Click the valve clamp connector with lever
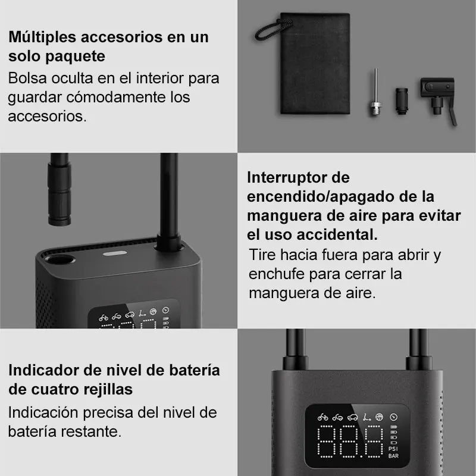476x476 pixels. pyautogui.click(x=439, y=95)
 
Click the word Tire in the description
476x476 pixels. pyautogui.click(x=261, y=256)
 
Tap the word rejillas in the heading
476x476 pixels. pyautogui.click(x=106, y=390)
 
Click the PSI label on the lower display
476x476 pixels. pyautogui.click(x=393, y=449)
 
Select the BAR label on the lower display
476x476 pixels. pyautogui.click(x=393, y=457)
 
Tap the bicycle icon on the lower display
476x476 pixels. pyautogui.click(x=322, y=417)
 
